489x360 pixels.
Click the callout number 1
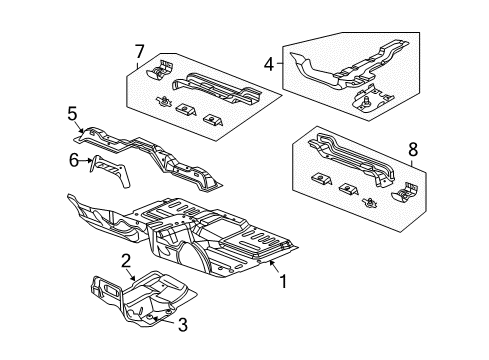pyautogui.click(x=282, y=282)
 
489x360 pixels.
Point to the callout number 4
pyautogui.click(x=267, y=66)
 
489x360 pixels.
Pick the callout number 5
pyautogui.click(x=71, y=115)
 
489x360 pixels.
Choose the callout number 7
pyautogui.click(x=139, y=51)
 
